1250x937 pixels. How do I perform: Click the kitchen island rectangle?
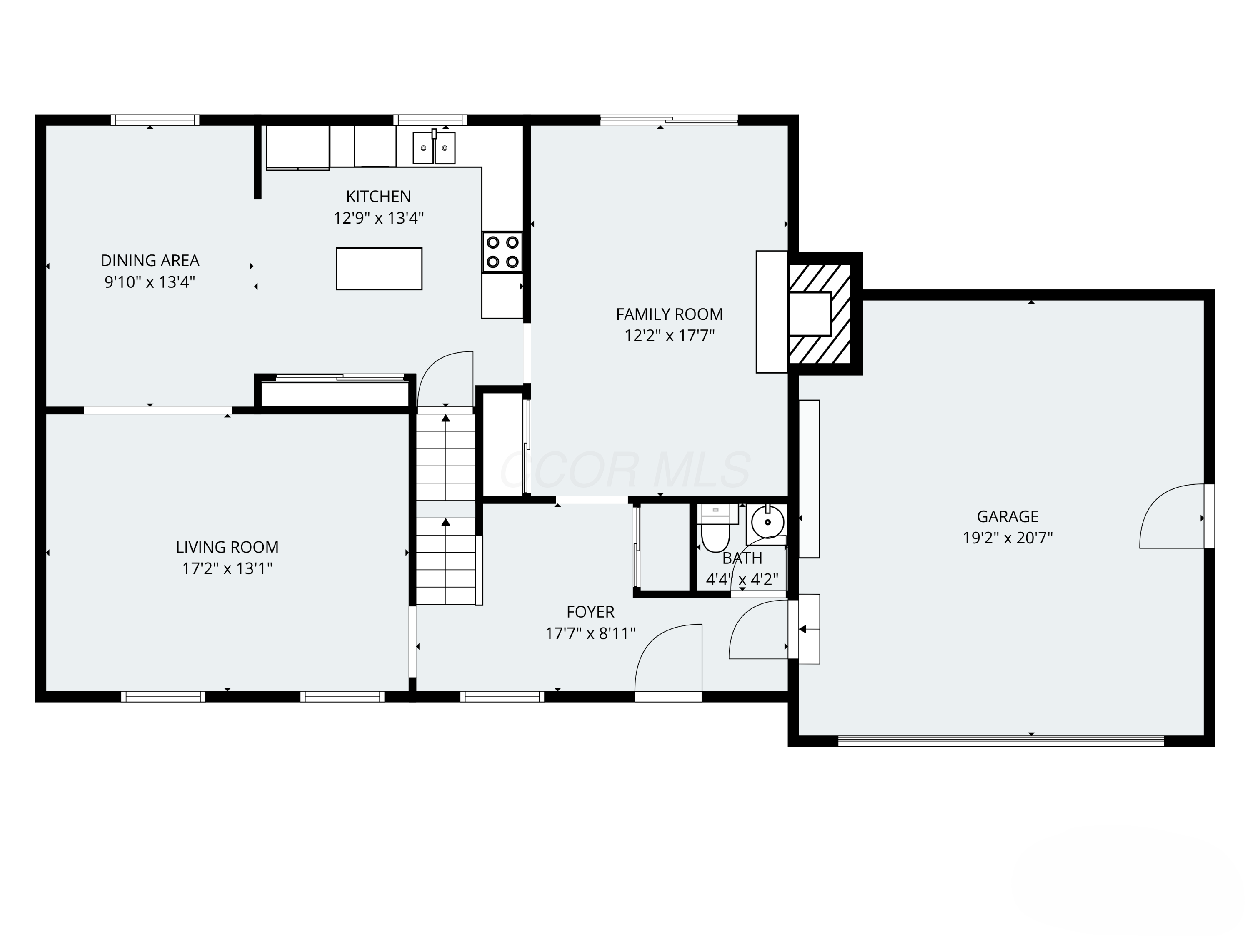pyautogui.click(x=379, y=269)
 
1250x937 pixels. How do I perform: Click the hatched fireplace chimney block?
pyautogui.click(x=820, y=314)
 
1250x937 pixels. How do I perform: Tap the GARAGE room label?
pyautogui.click(x=1007, y=516)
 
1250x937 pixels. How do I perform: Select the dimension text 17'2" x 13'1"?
pyautogui.click(x=227, y=568)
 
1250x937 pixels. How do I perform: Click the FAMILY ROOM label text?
pyautogui.click(x=669, y=314)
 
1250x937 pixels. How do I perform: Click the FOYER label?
pyautogui.click(x=590, y=612)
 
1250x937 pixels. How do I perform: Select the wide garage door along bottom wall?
pyautogui.click(x=1000, y=741)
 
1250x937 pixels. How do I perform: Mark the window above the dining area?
pyautogui.click(x=155, y=120)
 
